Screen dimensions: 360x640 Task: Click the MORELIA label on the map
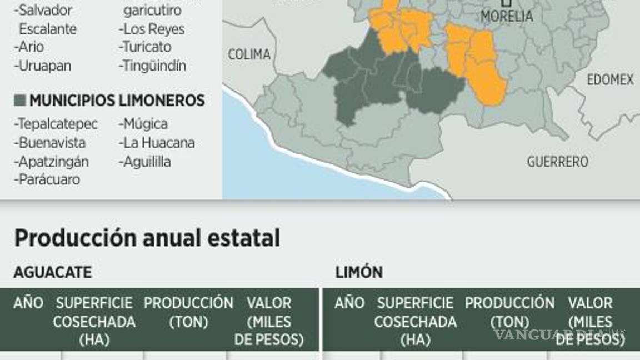tap(506, 17)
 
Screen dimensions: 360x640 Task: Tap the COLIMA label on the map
tap(249, 54)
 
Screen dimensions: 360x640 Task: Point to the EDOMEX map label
tap(610, 80)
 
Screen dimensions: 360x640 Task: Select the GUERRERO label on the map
tap(557, 162)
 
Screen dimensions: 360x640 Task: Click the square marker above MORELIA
tap(506, 3)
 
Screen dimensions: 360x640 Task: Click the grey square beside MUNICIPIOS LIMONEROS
tap(20, 101)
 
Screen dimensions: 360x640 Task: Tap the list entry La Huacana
tap(156, 143)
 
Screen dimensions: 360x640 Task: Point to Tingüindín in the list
tap(152, 66)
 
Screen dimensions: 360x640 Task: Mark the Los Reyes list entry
tap(151, 29)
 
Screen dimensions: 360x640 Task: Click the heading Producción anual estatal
tap(147, 238)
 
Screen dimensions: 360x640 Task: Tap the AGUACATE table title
tap(53, 272)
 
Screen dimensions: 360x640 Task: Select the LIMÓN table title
tap(359, 272)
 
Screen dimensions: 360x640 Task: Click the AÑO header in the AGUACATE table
tap(28, 303)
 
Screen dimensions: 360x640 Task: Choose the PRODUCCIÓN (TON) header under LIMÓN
tap(509, 312)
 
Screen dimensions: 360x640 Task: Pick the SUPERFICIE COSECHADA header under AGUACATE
tap(94, 321)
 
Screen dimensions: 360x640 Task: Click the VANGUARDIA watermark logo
tap(558, 335)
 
